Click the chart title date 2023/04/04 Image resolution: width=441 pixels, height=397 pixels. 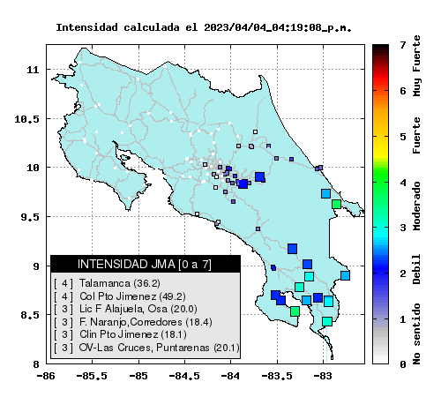pos(235,27)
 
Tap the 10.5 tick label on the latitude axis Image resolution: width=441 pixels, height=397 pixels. pos(26,119)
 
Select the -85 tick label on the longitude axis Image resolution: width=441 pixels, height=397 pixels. pos(138,376)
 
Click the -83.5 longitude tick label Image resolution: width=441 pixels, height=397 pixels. pos(277,376)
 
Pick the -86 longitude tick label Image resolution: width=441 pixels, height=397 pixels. pos(46,376)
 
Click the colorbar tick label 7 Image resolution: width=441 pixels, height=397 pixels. pos(403,45)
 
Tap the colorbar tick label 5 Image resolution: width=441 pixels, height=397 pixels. pos(403,137)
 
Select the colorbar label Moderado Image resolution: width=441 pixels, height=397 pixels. pos(416,206)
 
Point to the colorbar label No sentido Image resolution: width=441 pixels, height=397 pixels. pos(416,334)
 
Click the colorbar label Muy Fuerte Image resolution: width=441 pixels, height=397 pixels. pos(416,66)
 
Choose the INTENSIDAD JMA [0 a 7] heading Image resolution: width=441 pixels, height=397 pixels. pos(145,264)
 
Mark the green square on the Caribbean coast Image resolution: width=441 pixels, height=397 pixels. pos(336,204)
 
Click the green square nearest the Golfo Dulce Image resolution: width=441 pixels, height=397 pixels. pos(295,311)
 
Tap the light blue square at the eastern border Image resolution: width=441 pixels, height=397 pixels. pos(345,275)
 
